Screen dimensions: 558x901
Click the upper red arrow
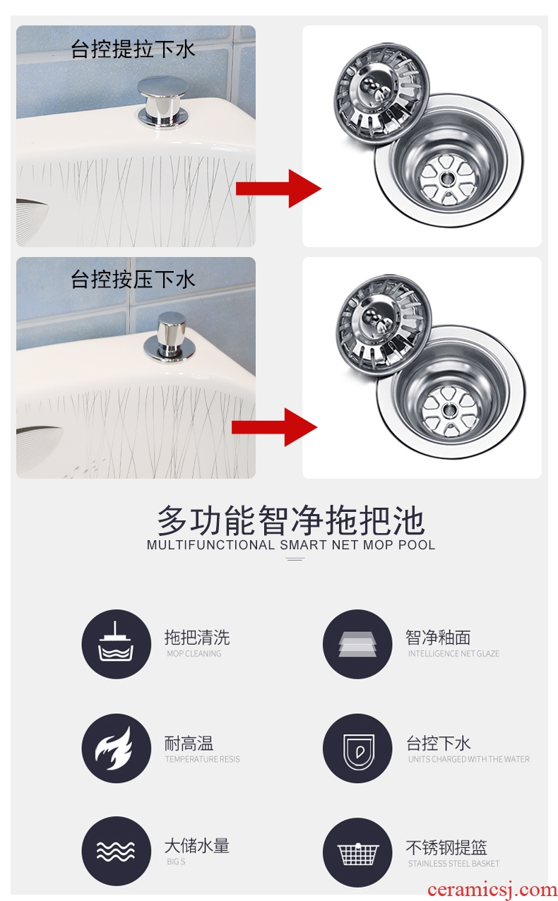[x=279, y=189]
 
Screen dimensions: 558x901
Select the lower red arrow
[x=275, y=426]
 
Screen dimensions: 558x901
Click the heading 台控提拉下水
[x=133, y=49]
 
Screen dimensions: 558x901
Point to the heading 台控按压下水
[x=133, y=279]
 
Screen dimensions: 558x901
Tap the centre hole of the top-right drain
[x=446, y=177]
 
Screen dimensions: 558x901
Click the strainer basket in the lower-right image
[x=383, y=325]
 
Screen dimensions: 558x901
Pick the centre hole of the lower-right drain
[x=448, y=410]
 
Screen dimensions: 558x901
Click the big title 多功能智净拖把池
[x=290, y=520]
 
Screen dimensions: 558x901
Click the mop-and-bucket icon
[x=117, y=644]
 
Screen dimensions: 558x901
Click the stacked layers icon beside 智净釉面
[x=357, y=644]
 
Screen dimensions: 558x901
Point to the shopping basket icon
[x=357, y=852]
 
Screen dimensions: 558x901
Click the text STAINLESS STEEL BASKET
[x=453, y=864]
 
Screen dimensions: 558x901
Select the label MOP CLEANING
[x=194, y=654]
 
